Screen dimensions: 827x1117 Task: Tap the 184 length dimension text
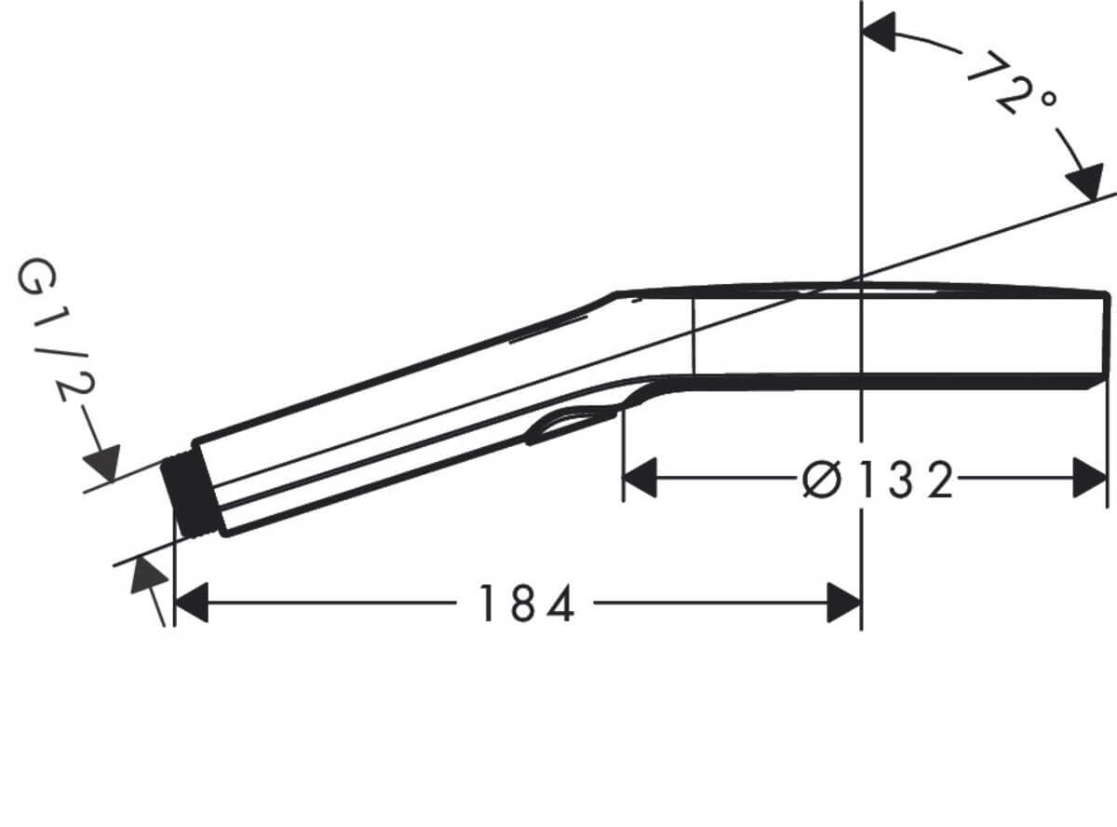526,604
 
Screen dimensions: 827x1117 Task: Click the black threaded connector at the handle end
191,495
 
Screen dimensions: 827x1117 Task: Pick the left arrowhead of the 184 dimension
192,604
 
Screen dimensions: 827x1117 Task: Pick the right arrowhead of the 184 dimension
843,604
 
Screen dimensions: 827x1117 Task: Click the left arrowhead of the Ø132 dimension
639,478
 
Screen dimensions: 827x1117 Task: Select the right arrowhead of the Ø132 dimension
1090,478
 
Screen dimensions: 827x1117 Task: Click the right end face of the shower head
1107,335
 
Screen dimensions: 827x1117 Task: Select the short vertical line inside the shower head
693,335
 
